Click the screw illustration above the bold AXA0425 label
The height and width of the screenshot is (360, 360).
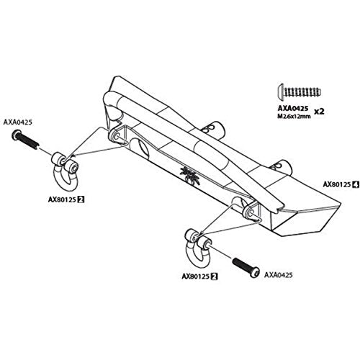pyautogui.click(x=300, y=91)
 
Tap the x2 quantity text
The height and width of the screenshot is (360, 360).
pyautogui.click(x=319, y=112)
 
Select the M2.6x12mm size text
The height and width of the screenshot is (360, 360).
pyautogui.click(x=294, y=116)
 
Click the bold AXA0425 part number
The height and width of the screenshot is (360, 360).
pyautogui.click(x=293, y=109)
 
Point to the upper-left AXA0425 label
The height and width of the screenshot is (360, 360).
pyautogui.click(x=17, y=122)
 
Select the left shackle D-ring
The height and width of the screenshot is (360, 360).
pyautogui.click(x=66, y=170)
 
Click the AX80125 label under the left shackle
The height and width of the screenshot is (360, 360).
pyautogui.click(x=63, y=199)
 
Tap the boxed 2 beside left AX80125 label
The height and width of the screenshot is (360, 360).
pyautogui.click(x=81, y=199)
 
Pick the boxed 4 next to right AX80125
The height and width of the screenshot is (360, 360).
pyautogui.click(x=356, y=184)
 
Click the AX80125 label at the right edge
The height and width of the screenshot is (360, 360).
pyautogui.click(x=337, y=184)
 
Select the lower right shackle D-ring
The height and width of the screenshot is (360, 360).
pyautogui.click(x=198, y=247)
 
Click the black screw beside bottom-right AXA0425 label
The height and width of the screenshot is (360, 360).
pyautogui.click(x=246, y=268)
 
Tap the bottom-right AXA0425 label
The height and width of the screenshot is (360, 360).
pyautogui.click(x=279, y=275)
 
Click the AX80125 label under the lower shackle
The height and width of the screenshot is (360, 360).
pyautogui.click(x=196, y=276)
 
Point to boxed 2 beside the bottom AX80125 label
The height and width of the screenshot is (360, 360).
pyautogui.click(x=215, y=276)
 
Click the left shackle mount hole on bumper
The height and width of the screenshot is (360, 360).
pyautogui.click(x=117, y=136)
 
